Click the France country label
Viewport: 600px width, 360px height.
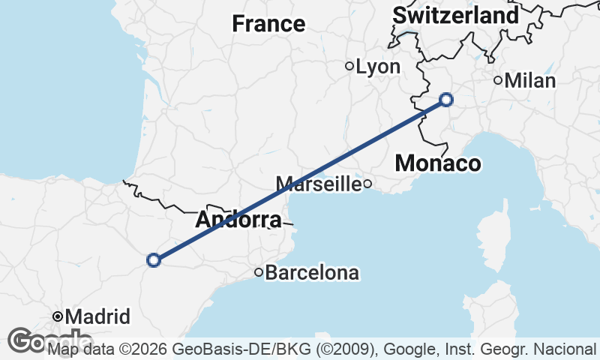[x=268, y=24]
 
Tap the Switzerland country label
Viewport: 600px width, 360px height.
[x=455, y=15]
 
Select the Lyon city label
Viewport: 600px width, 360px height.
[x=378, y=67]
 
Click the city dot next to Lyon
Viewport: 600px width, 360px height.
[x=349, y=66]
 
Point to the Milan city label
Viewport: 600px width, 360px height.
[x=530, y=81]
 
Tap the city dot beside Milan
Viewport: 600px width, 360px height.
[x=498, y=80]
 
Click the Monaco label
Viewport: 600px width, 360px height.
[x=438, y=163]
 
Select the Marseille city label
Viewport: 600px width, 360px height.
[x=319, y=184]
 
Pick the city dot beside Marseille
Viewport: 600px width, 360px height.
[x=367, y=184]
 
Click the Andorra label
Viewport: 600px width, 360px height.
[x=238, y=220]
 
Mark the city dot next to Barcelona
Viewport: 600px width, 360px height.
[x=259, y=272]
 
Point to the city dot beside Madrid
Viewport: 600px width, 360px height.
[x=58, y=316]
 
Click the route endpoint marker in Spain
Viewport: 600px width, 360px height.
[x=154, y=260]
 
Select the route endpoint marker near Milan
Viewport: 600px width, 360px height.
[x=446, y=99]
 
